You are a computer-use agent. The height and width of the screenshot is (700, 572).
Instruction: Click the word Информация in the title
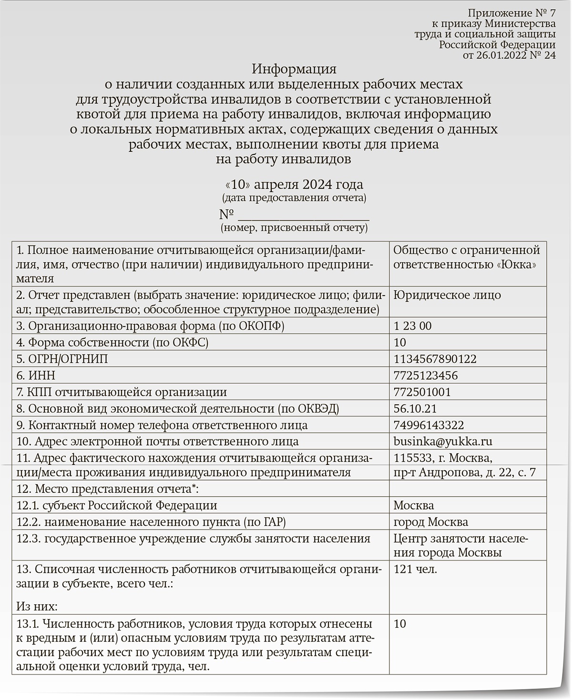click(x=294, y=70)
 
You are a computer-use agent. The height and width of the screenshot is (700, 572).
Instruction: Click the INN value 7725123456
click(x=426, y=376)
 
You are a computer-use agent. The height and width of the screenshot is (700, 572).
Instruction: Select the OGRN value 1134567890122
click(x=435, y=359)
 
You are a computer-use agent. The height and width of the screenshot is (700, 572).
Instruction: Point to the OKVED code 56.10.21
click(x=416, y=409)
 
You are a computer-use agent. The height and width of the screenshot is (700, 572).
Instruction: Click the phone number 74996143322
click(x=429, y=425)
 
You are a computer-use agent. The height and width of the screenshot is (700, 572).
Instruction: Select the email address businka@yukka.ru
click(x=443, y=441)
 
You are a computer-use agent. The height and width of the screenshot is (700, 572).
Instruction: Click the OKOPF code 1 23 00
click(x=413, y=326)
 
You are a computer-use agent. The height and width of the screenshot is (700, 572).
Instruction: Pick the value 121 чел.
click(x=416, y=569)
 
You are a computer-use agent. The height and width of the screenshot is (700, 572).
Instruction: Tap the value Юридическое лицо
click(x=447, y=295)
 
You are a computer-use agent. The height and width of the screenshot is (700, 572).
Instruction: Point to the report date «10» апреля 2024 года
click(x=294, y=185)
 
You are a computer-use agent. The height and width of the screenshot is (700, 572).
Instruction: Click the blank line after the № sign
click(x=303, y=215)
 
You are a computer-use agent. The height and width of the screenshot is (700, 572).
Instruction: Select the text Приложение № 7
click(x=511, y=13)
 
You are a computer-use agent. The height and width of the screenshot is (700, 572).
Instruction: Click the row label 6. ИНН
click(x=36, y=376)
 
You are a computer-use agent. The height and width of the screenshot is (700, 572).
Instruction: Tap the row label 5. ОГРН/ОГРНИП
click(x=62, y=359)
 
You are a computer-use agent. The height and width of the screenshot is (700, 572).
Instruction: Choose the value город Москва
click(x=431, y=522)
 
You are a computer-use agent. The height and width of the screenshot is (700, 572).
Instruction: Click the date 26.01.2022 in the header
click(x=503, y=55)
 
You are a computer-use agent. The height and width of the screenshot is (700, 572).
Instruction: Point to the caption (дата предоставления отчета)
click(x=294, y=198)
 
